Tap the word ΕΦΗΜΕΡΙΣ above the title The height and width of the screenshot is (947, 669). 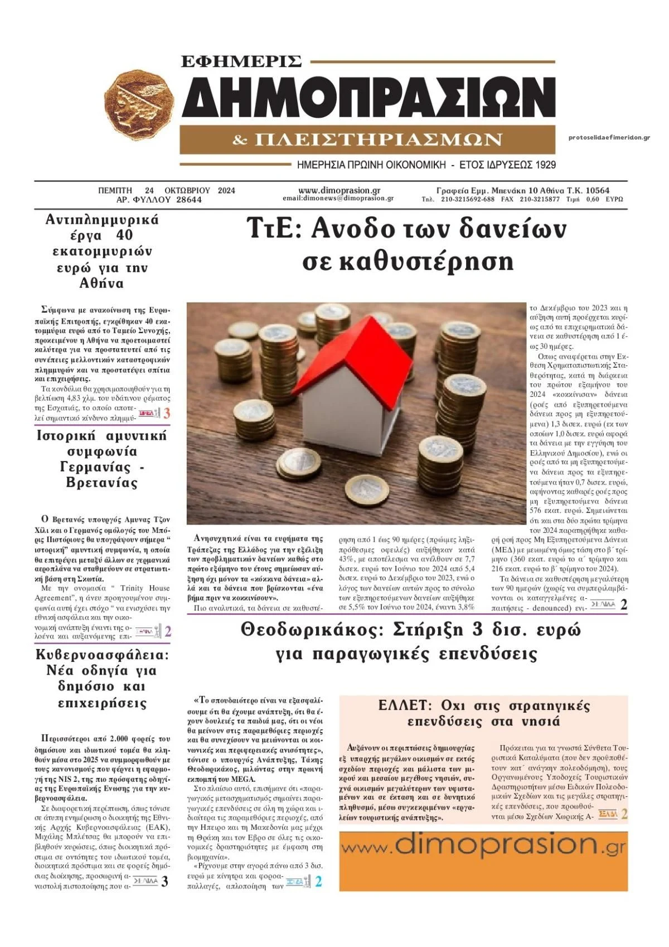pyautogui.click(x=241, y=61)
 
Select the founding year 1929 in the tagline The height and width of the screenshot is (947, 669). pyautogui.click(x=545, y=165)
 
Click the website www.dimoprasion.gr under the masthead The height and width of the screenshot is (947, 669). pyautogui.click(x=339, y=190)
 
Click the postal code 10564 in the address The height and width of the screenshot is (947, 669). pyautogui.click(x=597, y=190)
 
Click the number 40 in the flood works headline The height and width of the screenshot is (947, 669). pyautogui.click(x=125, y=235)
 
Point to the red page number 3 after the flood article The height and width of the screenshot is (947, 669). pyautogui.click(x=167, y=414)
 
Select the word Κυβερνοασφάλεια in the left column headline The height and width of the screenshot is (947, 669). pyautogui.click(x=101, y=655)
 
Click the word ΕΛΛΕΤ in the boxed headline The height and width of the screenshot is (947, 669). pyautogui.click(x=405, y=705)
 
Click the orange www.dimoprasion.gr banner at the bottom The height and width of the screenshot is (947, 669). pyautogui.click(x=483, y=861)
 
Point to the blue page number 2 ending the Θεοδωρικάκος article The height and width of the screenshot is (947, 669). pyautogui.click(x=318, y=882)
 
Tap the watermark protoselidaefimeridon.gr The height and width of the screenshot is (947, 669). pyautogui.click(x=609, y=137)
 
